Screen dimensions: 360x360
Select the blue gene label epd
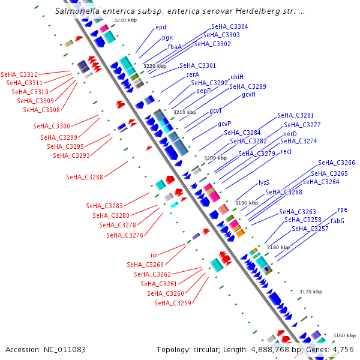160,28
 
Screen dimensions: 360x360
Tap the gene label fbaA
175,47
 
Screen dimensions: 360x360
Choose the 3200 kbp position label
215,158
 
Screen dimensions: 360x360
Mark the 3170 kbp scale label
311,292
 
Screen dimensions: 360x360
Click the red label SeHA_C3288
85,177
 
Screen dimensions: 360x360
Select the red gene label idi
154,255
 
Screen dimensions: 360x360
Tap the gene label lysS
264,182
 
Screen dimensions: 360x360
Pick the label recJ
286,151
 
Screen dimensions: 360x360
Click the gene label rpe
343,210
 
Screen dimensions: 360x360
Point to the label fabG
338,221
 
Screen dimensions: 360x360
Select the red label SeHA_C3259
173,303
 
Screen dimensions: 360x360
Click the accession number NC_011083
62,349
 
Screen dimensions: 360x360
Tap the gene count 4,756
343,349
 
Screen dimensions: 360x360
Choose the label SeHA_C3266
337,163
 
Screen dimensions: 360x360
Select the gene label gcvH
249,95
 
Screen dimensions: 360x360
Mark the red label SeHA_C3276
125,235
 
